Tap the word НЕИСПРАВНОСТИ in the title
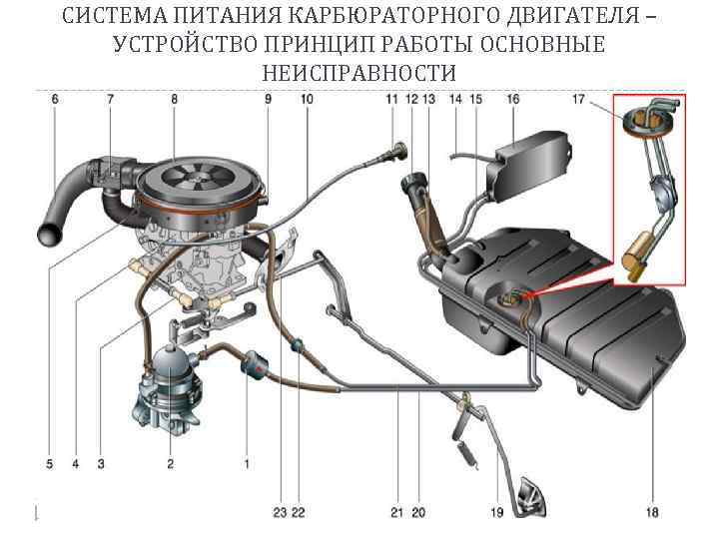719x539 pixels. [x=359, y=74]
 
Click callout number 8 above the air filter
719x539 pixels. [x=175, y=99]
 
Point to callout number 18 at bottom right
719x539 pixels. [x=652, y=512]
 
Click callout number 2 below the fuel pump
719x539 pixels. [x=170, y=463]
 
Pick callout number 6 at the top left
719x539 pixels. [x=54, y=99]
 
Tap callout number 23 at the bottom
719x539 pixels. [x=280, y=512]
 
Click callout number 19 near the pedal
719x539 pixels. [x=496, y=512]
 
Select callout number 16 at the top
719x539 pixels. [x=513, y=99]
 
